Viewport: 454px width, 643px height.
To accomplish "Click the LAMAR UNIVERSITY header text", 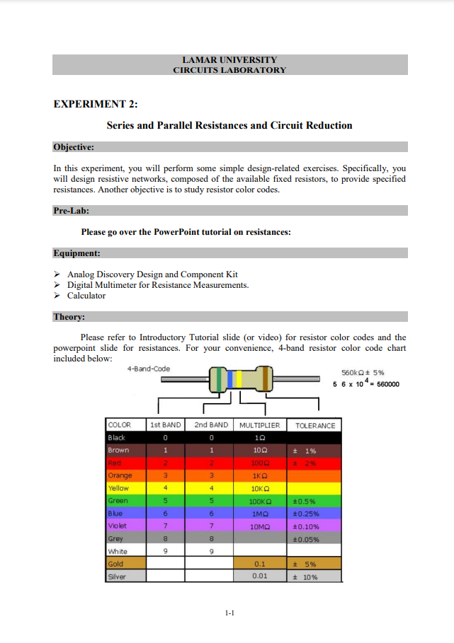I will pyautogui.click(x=229, y=60).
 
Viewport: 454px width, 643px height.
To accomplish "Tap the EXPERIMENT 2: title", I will pyautogui.click(x=96, y=104).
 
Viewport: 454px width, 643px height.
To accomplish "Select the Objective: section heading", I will pyautogui.click(x=74, y=147).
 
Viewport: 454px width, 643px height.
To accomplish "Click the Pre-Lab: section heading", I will pyautogui.click(x=71, y=211).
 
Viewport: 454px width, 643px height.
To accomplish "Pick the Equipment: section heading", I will pyautogui.click(x=76, y=253).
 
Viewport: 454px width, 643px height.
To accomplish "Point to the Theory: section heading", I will pyautogui.click(x=69, y=317).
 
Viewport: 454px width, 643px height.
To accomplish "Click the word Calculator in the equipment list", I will pyautogui.click(x=86, y=296).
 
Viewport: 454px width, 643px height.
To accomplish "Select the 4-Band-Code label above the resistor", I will pyautogui.click(x=148, y=369).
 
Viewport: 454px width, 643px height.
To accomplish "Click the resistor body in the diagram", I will pyautogui.click(x=241, y=381).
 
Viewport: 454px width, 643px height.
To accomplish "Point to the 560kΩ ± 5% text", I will pyautogui.click(x=363, y=373).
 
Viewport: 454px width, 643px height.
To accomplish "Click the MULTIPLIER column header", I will pyautogui.click(x=259, y=425).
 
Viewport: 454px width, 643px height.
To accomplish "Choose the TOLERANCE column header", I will pyautogui.click(x=315, y=425).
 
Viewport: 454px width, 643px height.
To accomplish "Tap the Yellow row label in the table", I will pyautogui.click(x=118, y=488).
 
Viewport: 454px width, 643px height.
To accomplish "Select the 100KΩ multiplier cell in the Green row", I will pyautogui.click(x=259, y=501).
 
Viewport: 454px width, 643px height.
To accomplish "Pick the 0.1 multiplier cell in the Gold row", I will pyautogui.click(x=259, y=564).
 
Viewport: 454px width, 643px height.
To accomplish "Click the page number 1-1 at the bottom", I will pyautogui.click(x=229, y=614).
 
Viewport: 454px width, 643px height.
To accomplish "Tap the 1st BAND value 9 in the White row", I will pyautogui.click(x=165, y=552).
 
